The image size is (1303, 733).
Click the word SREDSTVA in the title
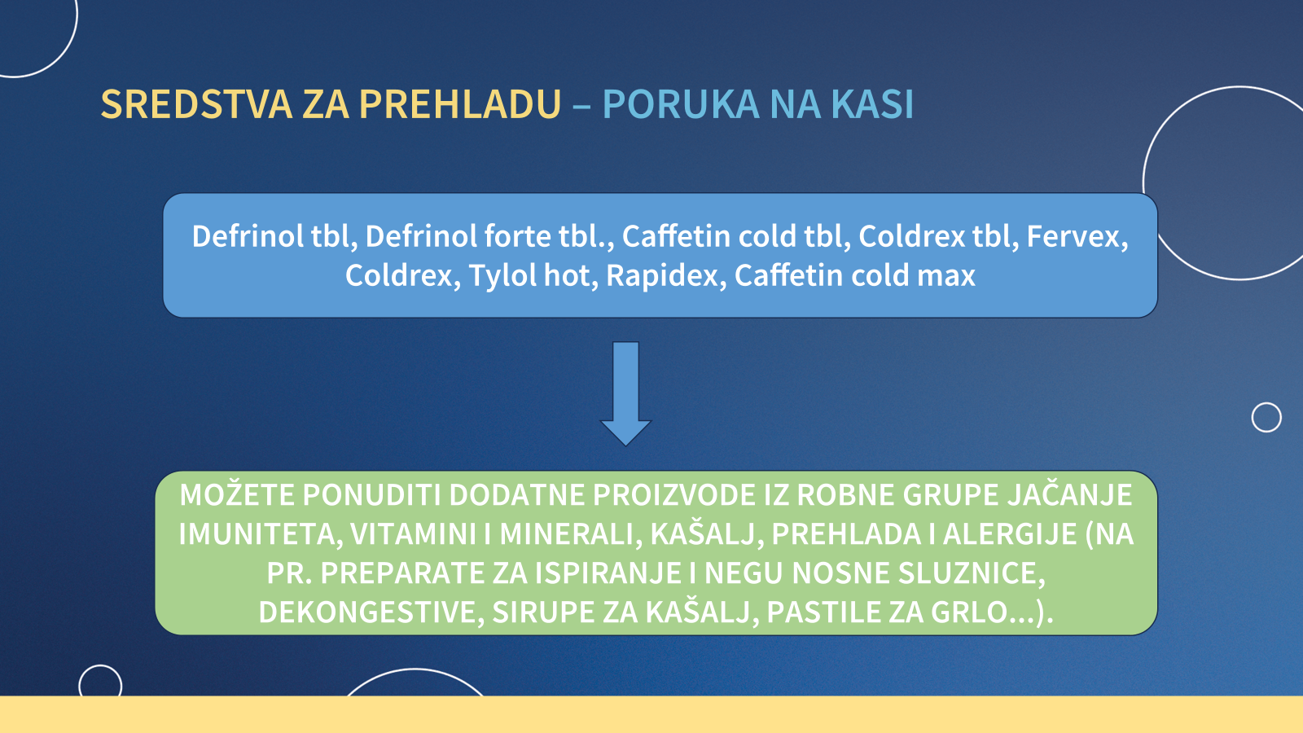196,105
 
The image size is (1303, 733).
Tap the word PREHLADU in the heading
459,105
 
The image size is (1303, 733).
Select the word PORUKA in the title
681,105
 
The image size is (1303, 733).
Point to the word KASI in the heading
872,105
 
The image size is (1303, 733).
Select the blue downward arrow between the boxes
626,393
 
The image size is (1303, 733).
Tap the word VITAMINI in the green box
413,534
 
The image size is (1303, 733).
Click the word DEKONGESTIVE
371,612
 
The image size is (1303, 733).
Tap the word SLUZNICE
972,573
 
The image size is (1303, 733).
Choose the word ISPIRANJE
608,573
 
